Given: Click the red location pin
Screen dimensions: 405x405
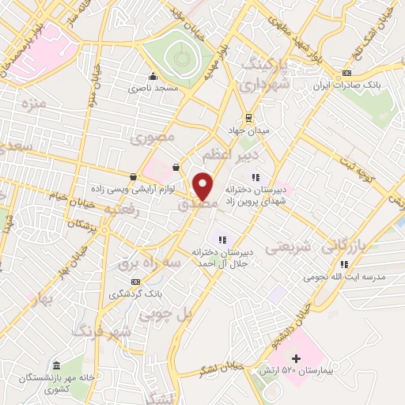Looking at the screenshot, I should click(x=203, y=185).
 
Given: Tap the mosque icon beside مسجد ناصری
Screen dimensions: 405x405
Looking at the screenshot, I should click(x=153, y=77).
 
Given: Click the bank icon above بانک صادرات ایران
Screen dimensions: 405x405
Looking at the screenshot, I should click(x=346, y=74).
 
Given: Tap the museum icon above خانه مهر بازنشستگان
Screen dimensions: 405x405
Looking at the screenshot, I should click(x=56, y=365).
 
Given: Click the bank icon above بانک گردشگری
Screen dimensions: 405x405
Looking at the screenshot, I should click(x=136, y=282).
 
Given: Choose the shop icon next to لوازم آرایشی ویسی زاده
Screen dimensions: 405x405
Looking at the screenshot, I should click(x=132, y=176).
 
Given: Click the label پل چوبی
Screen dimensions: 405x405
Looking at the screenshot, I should click(x=166, y=314).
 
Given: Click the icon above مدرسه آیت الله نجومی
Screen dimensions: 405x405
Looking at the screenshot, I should click(x=343, y=266).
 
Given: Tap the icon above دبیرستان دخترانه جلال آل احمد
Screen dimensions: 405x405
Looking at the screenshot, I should click(x=222, y=239).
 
